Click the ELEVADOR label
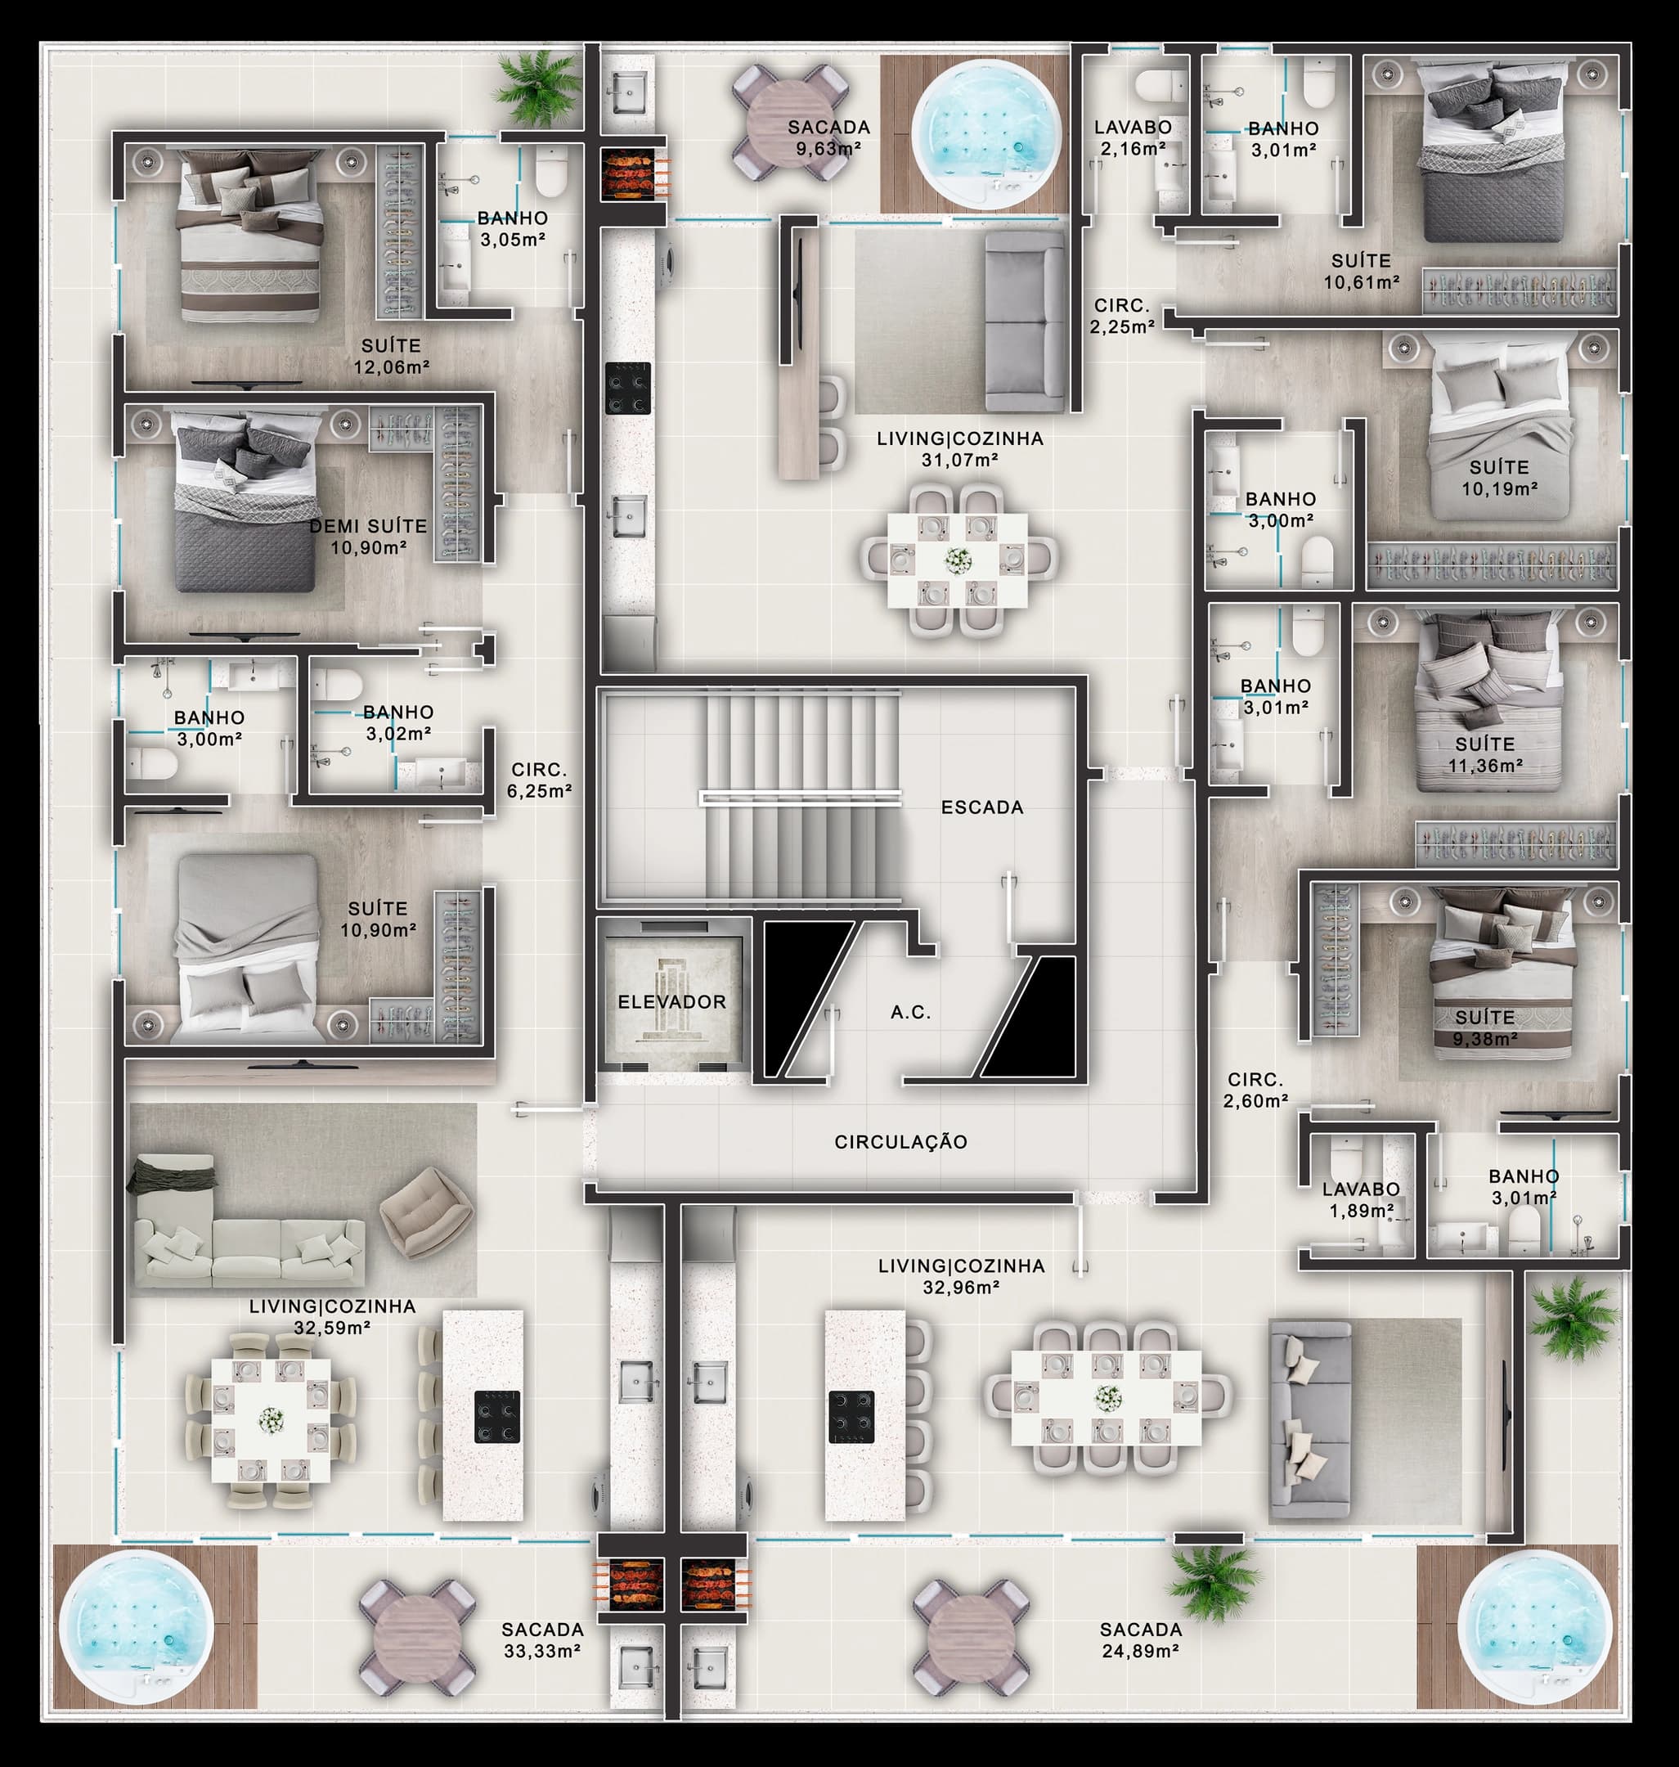[x=671, y=1001]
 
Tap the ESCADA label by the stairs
[x=982, y=807]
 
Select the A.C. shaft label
[x=910, y=1013]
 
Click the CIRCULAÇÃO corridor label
[x=900, y=1142]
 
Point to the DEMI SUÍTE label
[x=368, y=526]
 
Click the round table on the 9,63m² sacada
[x=791, y=124]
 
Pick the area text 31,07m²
[x=959, y=460]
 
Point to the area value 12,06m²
[x=391, y=367]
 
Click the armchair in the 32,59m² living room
[x=426, y=1212]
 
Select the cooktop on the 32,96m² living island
[x=851, y=1417]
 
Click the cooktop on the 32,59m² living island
[x=496, y=1417]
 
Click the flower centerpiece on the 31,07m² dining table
[x=958, y=560]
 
